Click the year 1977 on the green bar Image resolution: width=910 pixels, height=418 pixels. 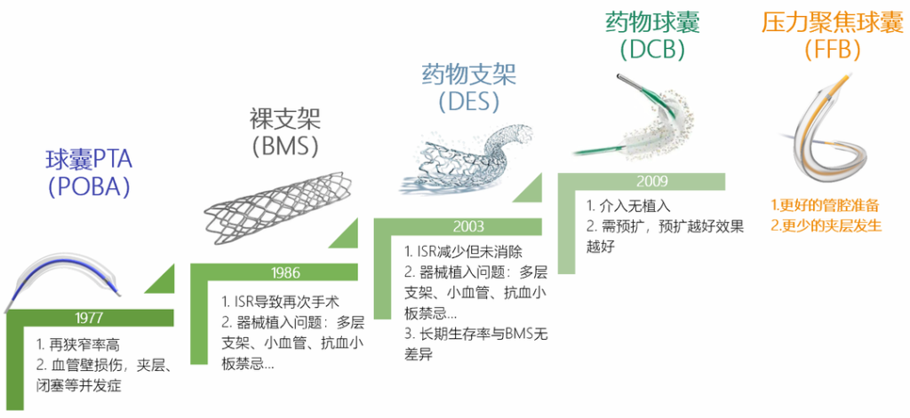(x=89, y=318)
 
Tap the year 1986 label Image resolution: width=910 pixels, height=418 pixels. (x=285, y=272)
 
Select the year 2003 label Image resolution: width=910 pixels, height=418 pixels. (x=469, y=226)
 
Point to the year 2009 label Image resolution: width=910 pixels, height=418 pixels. (x=652, y=181)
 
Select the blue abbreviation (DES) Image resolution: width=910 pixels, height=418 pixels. (x=469, y=100)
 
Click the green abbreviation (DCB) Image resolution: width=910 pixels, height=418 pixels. (x=652, y=50)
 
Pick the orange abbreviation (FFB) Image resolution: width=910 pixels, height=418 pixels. (x=832, y=50)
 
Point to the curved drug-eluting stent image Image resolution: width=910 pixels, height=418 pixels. (x=464, y=156)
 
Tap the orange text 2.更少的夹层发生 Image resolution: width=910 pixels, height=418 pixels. (x=826, y=225)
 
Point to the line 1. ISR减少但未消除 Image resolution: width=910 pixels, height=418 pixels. (x=463, y=252)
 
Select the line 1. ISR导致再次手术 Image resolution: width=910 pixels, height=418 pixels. (x=280, y=302)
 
